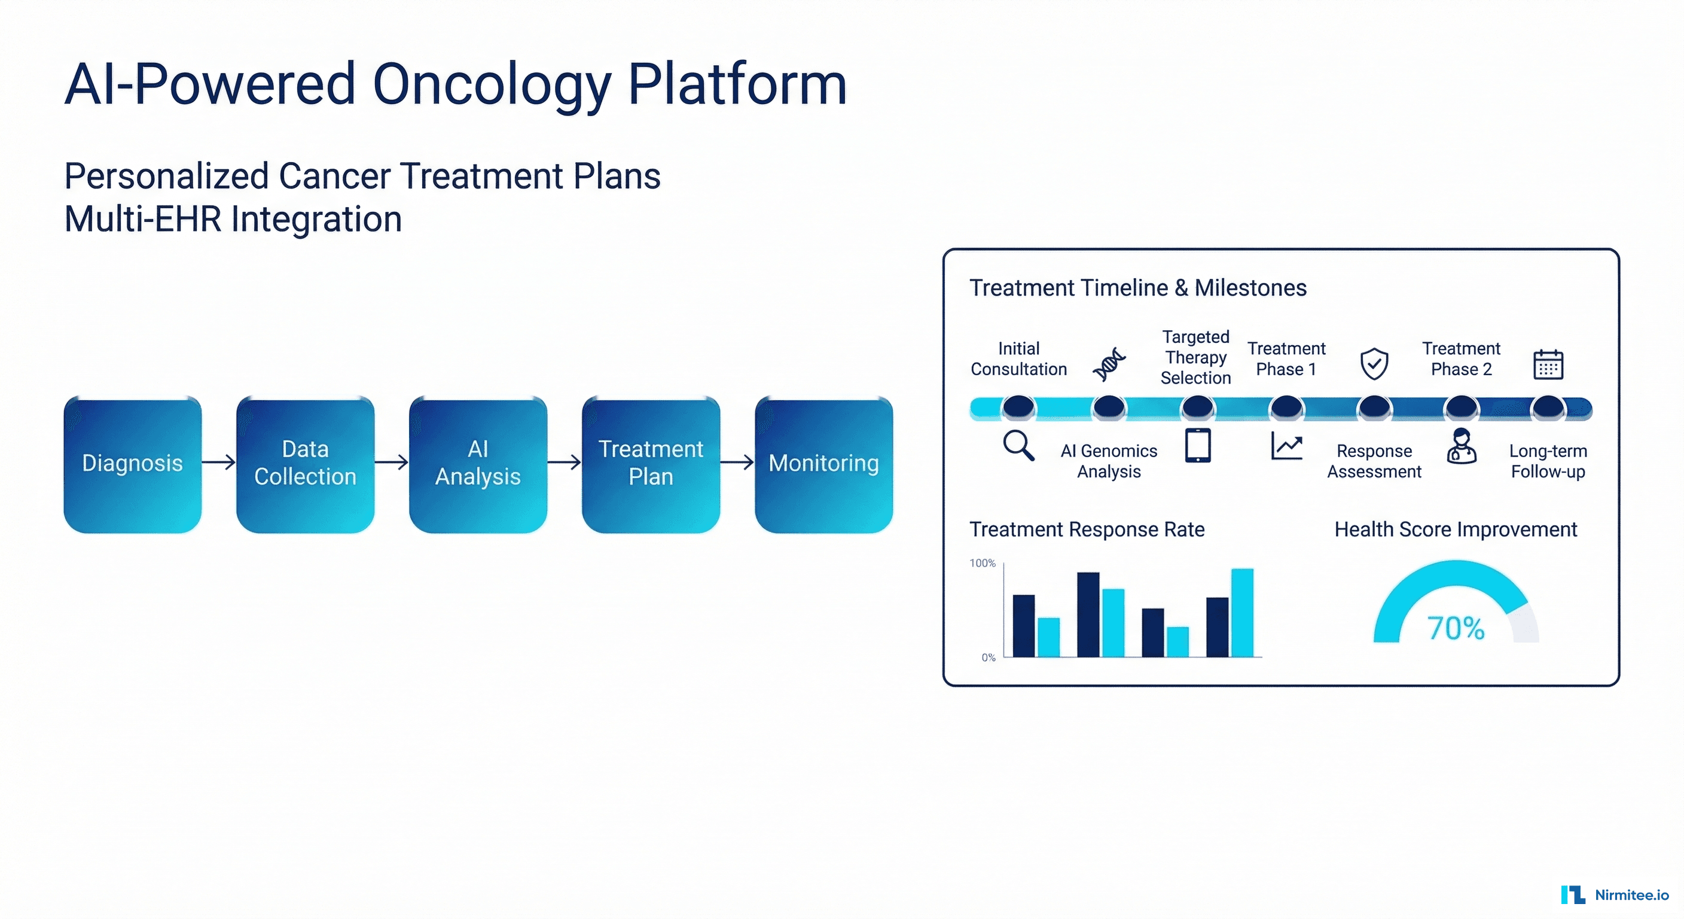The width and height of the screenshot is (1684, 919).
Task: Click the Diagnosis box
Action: pyautogui.click(x=133, y=464)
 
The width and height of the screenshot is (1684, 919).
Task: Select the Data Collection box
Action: pyautogui.click(x=306, y=464)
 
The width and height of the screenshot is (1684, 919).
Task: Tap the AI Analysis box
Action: pyautogui.click(x=478, y=464)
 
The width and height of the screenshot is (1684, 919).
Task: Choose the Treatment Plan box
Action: pyautogui.click(x=651, y=464)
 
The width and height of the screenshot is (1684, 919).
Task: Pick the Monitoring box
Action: pyautogui.click(x=823, y=464)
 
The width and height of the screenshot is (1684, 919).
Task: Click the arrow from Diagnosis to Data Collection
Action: pyautogui.click(x=219, y=462)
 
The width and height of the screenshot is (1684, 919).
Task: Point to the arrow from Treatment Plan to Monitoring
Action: pyautogui.click(x=737, y=462)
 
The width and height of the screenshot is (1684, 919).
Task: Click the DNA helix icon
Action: pyautogui.click(x=1109, y=364)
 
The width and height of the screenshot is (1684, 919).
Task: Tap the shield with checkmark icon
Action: pyautogui.click(x=1374, y=364)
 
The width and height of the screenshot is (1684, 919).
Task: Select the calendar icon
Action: pyautogui.click(x=1548, y=364)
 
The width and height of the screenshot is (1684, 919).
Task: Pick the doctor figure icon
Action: pyautogui.click(x=1461, y=447)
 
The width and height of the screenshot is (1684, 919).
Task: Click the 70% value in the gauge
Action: pyautogui.click(x=1455, y=628)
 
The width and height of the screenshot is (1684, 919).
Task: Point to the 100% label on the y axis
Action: pyautogui.click(x=982, y=563)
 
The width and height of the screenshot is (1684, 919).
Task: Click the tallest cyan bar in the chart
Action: pyautogui.click(x=1242, y=613)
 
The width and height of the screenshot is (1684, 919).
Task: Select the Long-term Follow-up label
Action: pyautogui.click(x=1548, y=461)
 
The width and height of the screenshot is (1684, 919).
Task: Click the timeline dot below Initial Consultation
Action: pyautogui.click(x=1018, y=407)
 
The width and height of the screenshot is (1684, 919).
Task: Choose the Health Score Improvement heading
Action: pyautogui.click(x=1455, y=529)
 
